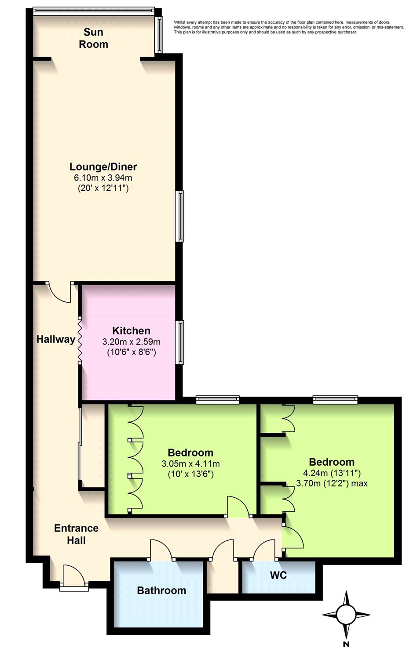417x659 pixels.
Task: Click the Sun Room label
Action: [93, 38]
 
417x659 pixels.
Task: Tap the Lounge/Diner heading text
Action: [103, 167]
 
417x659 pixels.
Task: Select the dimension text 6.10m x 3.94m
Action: [103, 177]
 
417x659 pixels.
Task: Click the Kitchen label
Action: [132, 331]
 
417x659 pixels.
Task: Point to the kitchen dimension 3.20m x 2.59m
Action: [132, 342]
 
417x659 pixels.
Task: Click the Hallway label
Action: [56, 340]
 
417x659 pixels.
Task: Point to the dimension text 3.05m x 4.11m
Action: [190, 464]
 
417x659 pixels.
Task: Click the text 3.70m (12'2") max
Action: [332, 483]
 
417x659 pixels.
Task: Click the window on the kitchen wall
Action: [179, 342]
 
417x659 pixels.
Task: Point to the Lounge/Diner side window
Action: [179, 216]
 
